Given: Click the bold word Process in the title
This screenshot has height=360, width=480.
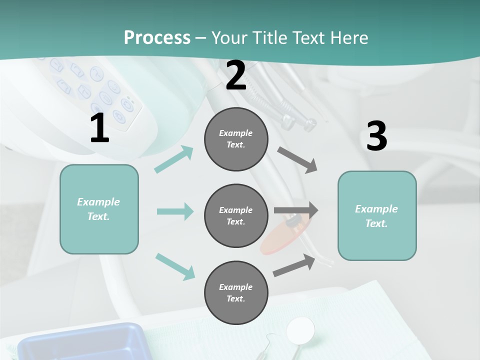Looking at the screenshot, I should pos(157,37).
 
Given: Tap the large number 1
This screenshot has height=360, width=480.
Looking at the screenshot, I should pos(99,129).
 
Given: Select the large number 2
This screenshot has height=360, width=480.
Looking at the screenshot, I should pos(236,76).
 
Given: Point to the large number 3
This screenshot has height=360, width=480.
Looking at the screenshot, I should pos(376,136).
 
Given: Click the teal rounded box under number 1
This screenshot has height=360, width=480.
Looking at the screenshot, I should pos(99,209).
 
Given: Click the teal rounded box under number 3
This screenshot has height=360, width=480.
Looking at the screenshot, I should pos(377,215).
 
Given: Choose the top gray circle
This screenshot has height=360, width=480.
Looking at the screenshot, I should pos(236,139).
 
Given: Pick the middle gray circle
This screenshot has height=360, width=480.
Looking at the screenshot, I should pos(236,215).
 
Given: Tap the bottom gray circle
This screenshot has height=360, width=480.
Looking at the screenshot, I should pos(236,292).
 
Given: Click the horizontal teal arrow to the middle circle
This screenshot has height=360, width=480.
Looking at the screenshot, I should pos(175,211).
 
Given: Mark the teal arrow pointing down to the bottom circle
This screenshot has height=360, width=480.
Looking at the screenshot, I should pos(175,266).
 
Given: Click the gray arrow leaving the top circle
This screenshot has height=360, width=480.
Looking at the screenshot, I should pos(297,159).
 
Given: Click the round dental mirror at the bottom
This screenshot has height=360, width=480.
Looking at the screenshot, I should pos(301,329).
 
